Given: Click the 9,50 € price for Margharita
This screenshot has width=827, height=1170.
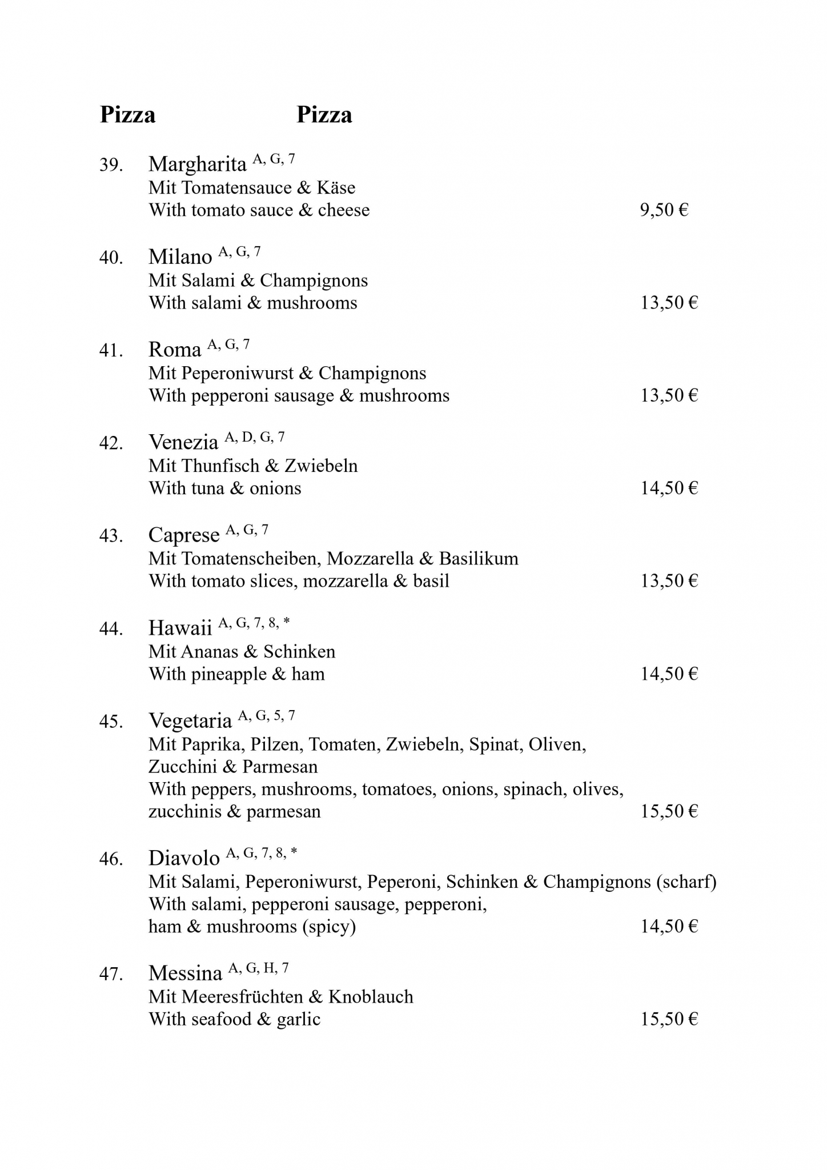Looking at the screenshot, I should [664, 210].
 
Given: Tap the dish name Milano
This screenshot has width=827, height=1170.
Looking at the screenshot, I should [180, 257].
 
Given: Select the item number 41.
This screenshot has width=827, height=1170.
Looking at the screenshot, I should [111, 350].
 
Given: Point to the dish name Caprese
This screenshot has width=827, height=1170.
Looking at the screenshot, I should [184, 535].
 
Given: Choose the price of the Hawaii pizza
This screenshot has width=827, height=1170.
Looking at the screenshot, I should [669, 674].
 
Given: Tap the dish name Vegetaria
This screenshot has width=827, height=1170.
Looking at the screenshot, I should [190, 721].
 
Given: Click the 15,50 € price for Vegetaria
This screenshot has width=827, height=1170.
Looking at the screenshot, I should [669, 812].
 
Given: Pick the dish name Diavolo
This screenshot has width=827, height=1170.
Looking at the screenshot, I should [184, 859].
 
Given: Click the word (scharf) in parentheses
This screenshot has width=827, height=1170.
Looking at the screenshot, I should [686, 882].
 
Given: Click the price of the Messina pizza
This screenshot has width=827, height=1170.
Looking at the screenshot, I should [669, 1020].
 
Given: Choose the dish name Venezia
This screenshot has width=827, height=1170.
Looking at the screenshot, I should [183, 443].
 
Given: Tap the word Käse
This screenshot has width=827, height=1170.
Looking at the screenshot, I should [336, 188].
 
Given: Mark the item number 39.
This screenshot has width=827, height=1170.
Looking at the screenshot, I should [111, 165].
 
